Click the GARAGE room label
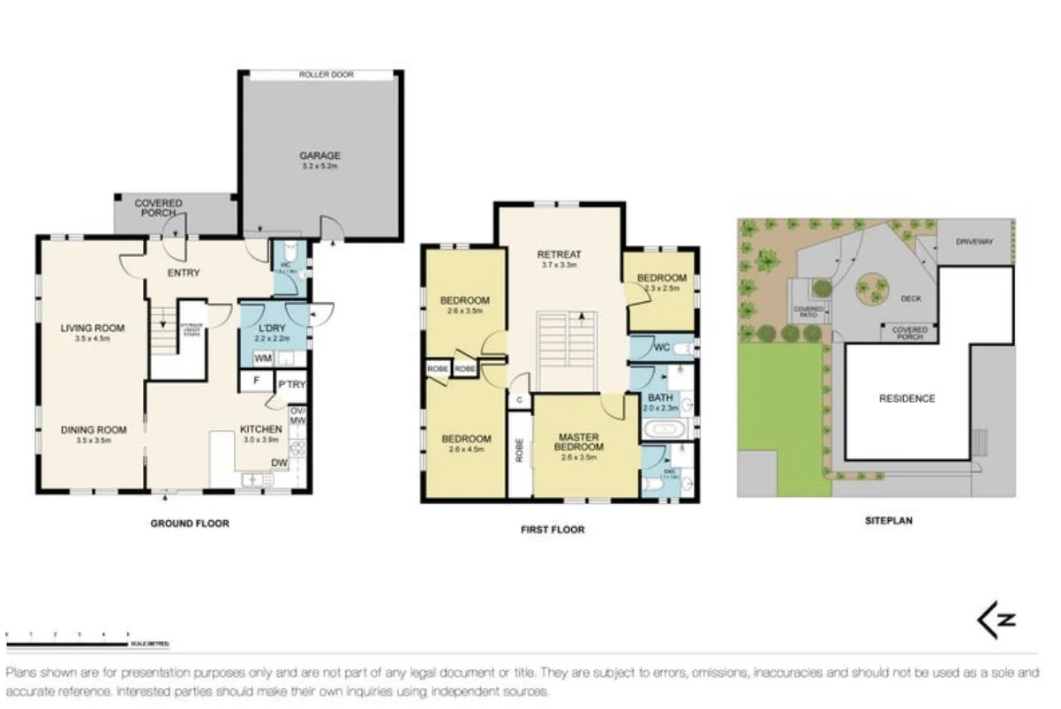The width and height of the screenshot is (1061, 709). pos(319,156)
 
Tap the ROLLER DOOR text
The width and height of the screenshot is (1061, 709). pos(326,75)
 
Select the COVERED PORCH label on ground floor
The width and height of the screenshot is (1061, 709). pos(158,208)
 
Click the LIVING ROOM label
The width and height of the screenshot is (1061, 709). pos(92,328)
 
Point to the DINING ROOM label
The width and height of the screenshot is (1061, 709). pos(94,430)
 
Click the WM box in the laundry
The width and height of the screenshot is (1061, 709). pos(262,358)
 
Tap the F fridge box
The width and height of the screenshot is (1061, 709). pos(255,381)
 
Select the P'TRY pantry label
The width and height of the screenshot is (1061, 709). pos(290,385)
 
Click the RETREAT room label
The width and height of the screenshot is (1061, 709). pos(559,255)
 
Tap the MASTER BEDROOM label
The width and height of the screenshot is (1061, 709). pos(578,442)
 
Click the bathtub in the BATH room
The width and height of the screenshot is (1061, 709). pos(661,432)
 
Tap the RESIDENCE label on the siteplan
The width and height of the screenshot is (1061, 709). pos(907,398)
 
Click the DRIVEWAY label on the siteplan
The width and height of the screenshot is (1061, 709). pos(974,240)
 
